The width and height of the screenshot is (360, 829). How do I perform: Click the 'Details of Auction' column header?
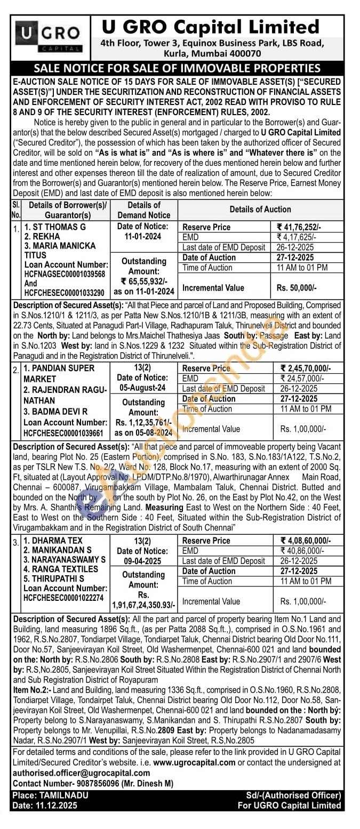point(260,209)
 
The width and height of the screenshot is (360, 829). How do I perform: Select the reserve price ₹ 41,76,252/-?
point(302,227)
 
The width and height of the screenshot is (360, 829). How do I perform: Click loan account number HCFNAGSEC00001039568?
point(65,274)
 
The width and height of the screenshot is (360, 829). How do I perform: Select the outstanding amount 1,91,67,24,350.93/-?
point(143,605)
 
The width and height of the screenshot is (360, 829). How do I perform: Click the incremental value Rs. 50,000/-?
point(297,287)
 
